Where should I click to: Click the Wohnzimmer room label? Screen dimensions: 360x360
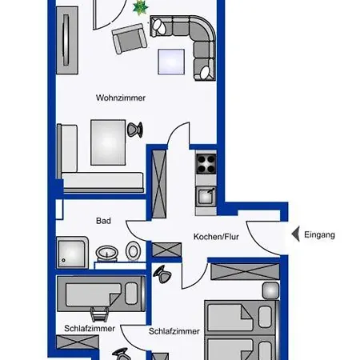[121, 98]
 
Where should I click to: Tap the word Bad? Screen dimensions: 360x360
[103, 221]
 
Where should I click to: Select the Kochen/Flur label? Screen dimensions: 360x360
[216, 237]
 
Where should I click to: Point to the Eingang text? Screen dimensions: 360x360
[319, 234]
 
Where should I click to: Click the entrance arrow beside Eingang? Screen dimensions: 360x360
[295, 234]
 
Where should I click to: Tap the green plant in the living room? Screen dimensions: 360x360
[141, 8]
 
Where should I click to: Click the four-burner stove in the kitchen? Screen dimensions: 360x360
[206, 163]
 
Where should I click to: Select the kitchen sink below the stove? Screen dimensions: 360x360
[206, 197]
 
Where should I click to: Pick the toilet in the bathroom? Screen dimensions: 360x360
[133, 250]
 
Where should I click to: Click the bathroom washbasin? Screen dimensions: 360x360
[106, 254]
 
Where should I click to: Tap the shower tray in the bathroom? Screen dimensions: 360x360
[72, 252]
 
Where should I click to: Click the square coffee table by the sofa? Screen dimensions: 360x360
[171, 62]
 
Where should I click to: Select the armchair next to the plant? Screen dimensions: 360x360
[130, 38]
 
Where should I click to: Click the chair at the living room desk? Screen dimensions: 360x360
[134, 130]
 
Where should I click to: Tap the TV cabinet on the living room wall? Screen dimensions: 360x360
[67, 40]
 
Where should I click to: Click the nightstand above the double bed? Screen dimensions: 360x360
[270, 290]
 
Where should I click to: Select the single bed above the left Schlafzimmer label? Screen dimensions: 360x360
[101, 294]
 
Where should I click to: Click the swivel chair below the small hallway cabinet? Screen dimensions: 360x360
[162, 274]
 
